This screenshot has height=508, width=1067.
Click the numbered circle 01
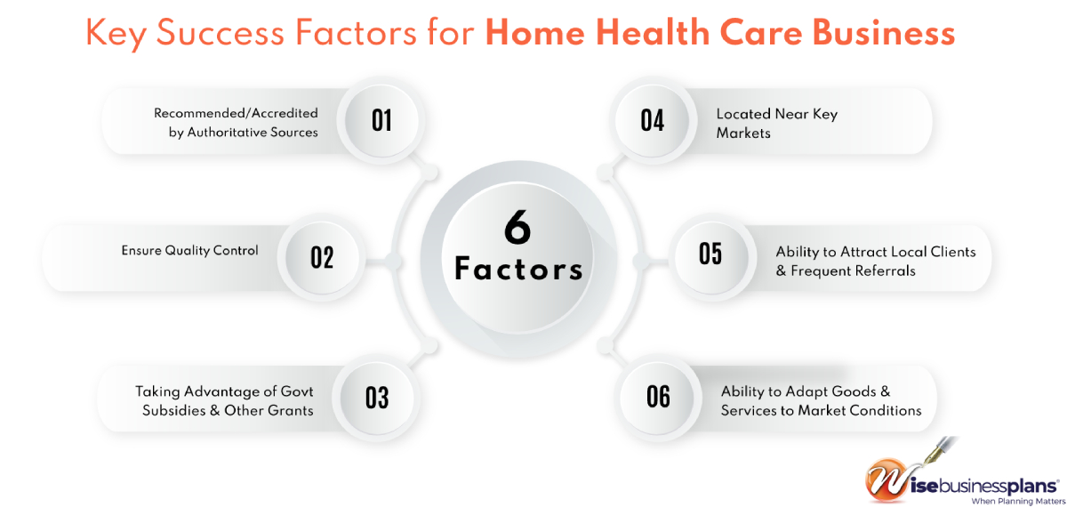click(x=381, y=121)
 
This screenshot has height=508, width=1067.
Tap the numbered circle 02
click(x=322, y=257)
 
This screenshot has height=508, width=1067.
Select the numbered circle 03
click(x=377, y=398)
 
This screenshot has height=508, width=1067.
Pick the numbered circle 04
click(x=652, y=121)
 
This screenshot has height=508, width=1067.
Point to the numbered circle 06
click(x=658, y=397)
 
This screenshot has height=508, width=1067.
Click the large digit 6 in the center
click(x=517, y=228)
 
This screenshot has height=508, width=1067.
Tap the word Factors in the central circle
click(x=518, y=269)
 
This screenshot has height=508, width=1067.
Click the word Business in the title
click(x=884, y=32)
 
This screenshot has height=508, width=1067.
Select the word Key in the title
click(x=116, y=35)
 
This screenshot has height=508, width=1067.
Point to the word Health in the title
click(x=653, y=32)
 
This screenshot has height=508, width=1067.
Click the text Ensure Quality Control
click(x=189, y=251)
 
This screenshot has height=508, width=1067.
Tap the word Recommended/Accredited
click(x=236, y=113)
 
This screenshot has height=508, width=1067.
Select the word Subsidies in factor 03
click(x=174, y=410)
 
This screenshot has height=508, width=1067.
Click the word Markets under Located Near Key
click(x=743, y=133)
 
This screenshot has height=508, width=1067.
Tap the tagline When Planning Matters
click(x=1018, y=502)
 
